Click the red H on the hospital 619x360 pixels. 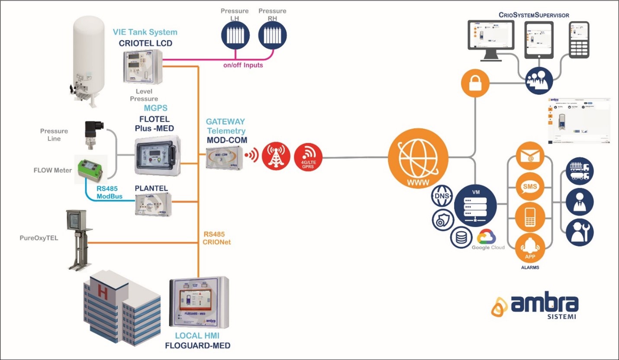click(x=103, y=292)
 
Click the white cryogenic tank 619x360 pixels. click(x=88, y=61)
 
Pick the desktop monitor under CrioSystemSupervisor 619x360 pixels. click(x=489, y=40)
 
